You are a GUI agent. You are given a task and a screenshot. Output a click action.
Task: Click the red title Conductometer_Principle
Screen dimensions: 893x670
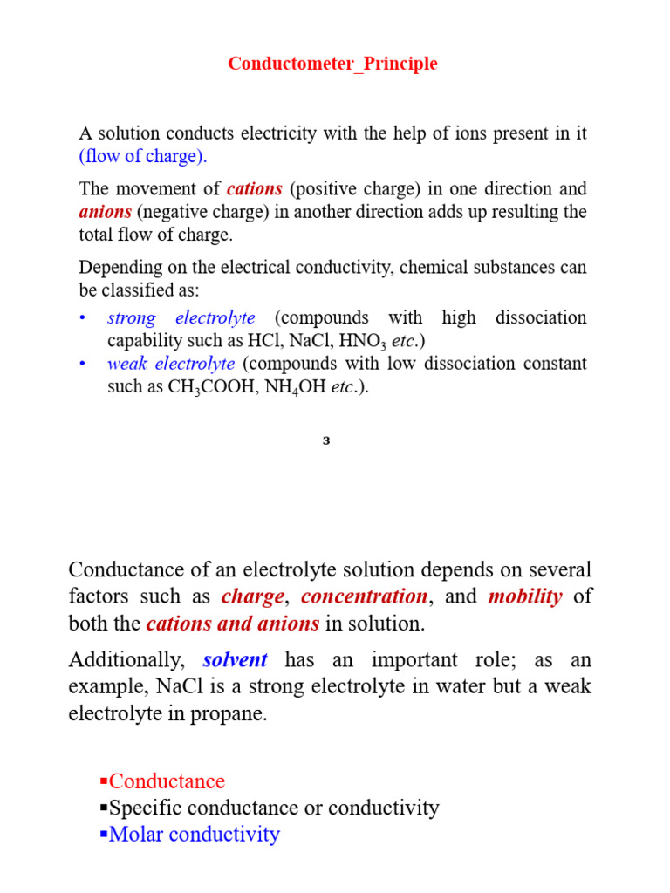tap(332, 65)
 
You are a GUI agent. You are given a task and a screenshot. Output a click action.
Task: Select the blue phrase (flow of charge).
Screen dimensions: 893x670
tap(143, 157)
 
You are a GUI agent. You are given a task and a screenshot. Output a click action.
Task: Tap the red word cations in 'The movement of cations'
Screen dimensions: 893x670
tap(255, 189)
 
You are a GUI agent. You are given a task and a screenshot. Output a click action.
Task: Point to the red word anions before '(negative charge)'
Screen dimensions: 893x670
tap(105, 212)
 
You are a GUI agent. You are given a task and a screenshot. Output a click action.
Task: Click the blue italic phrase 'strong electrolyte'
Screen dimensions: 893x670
tap(181, 318)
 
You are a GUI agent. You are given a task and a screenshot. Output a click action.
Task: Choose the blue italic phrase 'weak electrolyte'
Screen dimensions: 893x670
tap(171, 364)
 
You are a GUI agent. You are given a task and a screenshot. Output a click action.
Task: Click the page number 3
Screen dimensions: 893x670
tap(326, 441)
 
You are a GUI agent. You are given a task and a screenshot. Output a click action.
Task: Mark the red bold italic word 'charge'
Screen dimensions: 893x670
tap(253, 597)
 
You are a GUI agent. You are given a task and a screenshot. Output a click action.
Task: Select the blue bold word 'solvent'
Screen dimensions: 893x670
tap(235, 660)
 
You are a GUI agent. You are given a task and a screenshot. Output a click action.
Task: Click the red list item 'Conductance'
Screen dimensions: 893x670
tap(167, 781)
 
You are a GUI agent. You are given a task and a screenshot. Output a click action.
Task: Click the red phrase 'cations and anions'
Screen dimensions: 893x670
tap(232, 624)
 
